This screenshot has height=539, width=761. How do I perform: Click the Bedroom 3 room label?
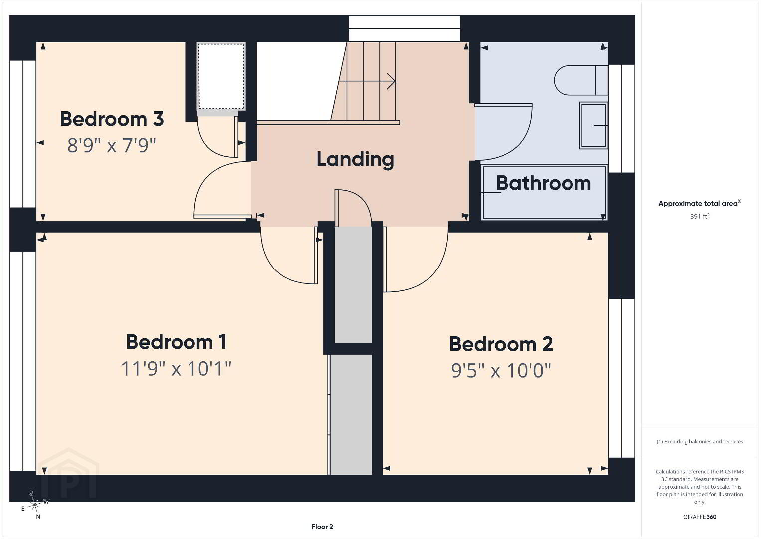pyautogui.click(x=112, y=119)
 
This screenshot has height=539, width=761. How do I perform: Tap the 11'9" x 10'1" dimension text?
pyautogui.click(x=176, y=369)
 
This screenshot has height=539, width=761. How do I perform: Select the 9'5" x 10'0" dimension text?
pyautogui.click(x=501, y=370)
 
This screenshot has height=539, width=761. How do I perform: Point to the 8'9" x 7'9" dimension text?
pyautogui.click(x=111, y=145)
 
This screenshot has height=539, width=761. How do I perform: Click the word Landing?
pyautogui.click(x=356, y=159)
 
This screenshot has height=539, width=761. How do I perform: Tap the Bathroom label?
pyautogui.click(x=544, y=183)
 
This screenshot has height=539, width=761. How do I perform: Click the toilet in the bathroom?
pyautogui.click(x=581, y=80)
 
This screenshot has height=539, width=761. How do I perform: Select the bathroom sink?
pyautogui.click(x=593, y=125)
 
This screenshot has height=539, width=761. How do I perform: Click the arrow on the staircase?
pyautogui.click(x=367, y=81)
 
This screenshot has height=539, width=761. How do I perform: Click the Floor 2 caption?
pyautogui.click(x=322, y=527)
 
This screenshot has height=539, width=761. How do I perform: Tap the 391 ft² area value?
pyautogui.click(x=700, y=216)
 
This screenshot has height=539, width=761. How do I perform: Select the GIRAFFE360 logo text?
pyautogui.click(x=700, y=517)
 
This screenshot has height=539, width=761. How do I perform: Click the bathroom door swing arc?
pyautogui.click(x=520, y=143)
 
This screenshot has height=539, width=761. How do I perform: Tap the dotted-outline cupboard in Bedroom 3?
pyautogui.click(x=221, y=76)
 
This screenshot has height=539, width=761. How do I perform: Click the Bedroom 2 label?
pyautogui.click(x=501, y=344)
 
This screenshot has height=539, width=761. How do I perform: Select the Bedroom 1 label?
pyautogui.click(x=176, y=342)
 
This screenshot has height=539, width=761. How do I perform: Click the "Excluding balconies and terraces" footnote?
pyautogui.click(x=700, y=441)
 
